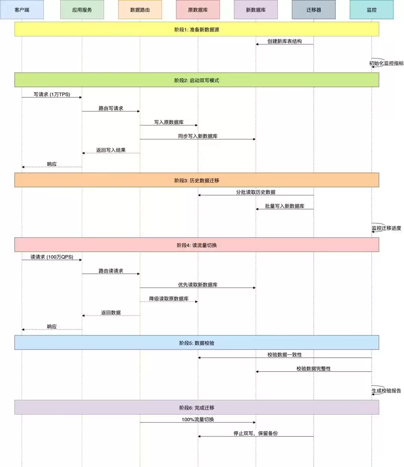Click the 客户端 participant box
(22, 9)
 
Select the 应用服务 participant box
(82, 9)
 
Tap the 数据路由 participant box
(140, 9)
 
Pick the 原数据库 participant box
(198, 9)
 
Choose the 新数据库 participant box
(256, 9)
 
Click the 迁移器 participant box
(313, 9)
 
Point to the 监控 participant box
(371, 9)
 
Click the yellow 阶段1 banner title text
(197, 30)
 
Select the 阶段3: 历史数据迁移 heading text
(197, 181)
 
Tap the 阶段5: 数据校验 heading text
(197, 343)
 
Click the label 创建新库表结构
(285, 41)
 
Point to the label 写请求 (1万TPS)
(52, 94)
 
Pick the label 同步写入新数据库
(198, 136)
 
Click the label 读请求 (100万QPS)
(52, 257)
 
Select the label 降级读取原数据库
(169, 298)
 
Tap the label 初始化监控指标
(386, 63)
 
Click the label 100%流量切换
(198, 419)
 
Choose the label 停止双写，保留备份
(255, 433)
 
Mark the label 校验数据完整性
(313, 368)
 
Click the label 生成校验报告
(386, 391)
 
